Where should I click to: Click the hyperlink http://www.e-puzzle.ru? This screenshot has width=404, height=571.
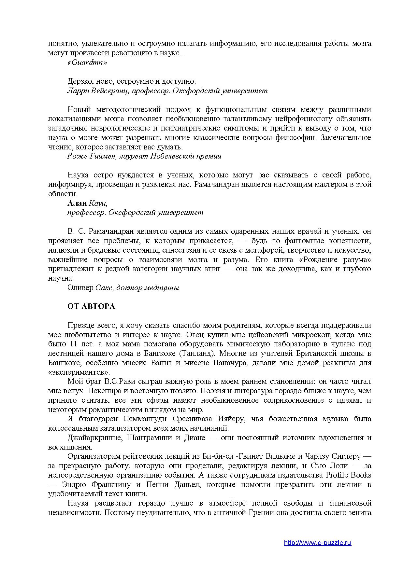(317, 543)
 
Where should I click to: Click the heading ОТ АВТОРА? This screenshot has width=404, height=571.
(91, 306)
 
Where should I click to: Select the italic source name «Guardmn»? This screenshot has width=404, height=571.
(87, 63)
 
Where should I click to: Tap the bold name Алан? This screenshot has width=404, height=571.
(77, 203)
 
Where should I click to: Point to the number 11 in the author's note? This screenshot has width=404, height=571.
(73, 344)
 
